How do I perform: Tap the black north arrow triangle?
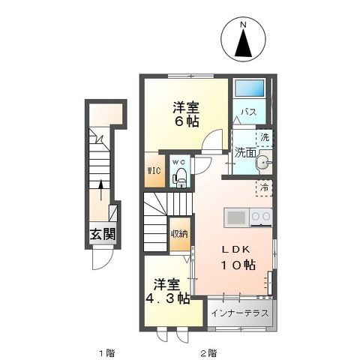(x=242, y=46)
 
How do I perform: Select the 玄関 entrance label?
(x=103, y=233)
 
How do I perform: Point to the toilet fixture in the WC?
(x=180, y=178)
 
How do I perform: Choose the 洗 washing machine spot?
(x=264, y=137)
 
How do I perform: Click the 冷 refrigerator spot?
(x=264, y=188)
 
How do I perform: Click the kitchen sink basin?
(x=235, y=217)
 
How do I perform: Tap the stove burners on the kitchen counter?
(x=260, y=217)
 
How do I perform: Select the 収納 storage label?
(x=178, y=234)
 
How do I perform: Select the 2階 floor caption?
(x=208, y=352)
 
